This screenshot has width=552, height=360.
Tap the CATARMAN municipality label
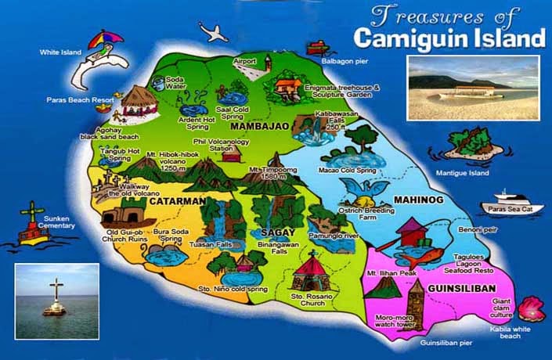pyautogui.click(x=179, y=201)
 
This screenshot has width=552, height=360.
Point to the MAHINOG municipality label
pyautogui.click(x=418, y=200)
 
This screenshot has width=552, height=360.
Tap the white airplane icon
pyautogui.click(x=214, y=32)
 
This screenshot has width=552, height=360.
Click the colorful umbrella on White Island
pyautogui.click(x=105, y=41)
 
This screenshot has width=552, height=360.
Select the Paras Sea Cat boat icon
pyautogui.click(x=511, y=200)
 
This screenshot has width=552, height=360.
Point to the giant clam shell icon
pyautogui.click(x=532, y=306)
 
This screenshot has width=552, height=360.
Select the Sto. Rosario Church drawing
pyautogui.click(x=312, y=271)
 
